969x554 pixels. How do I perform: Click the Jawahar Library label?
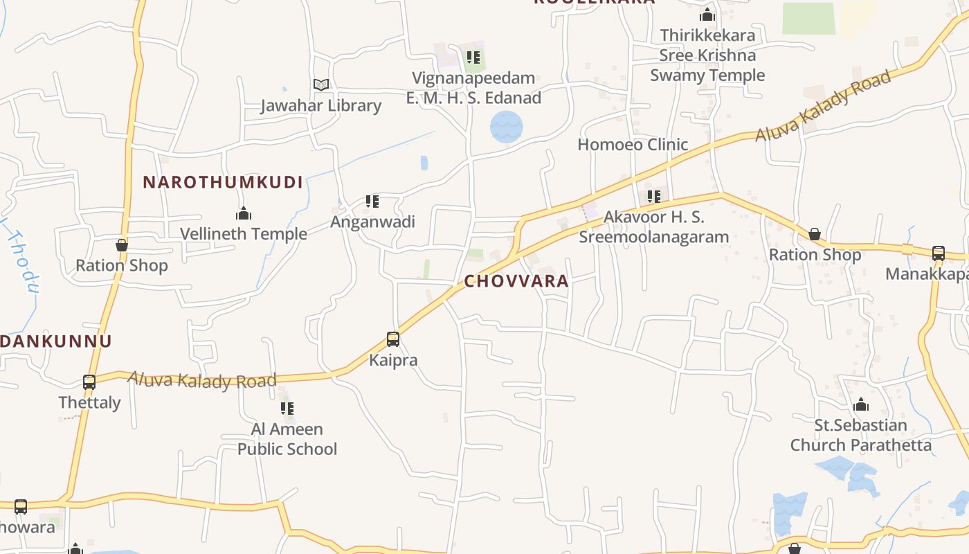(320, 105)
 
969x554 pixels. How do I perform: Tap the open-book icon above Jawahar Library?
(320, 84)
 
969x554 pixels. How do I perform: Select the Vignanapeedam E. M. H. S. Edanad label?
(473, 88)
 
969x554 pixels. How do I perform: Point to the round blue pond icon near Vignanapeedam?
(506, 127)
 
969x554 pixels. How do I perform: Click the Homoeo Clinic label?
(633, 144)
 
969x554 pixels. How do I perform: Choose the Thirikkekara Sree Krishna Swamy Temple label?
(707, 55)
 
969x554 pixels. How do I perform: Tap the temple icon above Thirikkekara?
(707, 15)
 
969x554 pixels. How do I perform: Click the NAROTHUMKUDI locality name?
(223, 183)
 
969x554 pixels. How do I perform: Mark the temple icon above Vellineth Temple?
(244, 213)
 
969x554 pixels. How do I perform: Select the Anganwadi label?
(372, 222)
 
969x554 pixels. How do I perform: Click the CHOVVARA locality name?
(516, 281)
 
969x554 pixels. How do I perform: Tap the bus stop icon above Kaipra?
(393, 339)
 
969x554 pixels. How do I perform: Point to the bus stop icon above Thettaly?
(89, 382)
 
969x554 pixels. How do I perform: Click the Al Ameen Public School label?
(287, 439)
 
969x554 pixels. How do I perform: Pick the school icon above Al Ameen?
(287, 409)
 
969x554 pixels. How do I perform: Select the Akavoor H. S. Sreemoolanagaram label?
(653, 226)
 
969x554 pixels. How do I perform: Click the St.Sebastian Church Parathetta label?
(861, 435)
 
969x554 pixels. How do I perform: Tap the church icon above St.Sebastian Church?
(861, 404)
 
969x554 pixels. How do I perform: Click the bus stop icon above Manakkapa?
(939, 253)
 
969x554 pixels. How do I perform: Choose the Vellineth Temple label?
(244, 234)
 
